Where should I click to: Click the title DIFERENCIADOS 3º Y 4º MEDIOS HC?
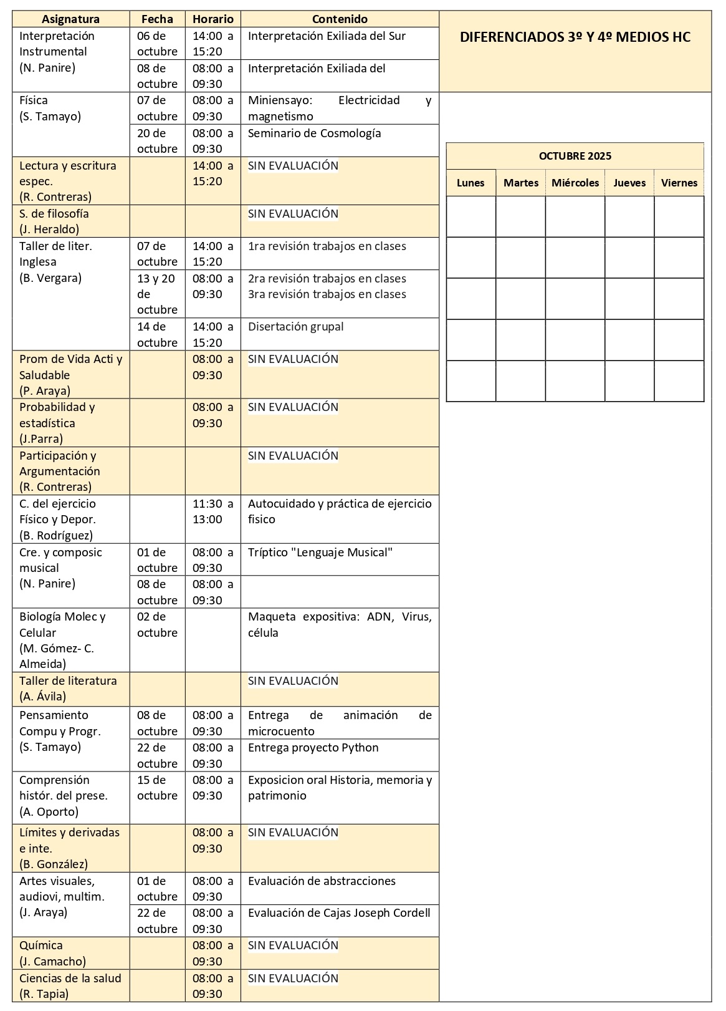click(x=575, y=37)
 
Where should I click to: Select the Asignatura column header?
click(x=70, y=19)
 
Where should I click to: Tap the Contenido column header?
click(x=340, y=19)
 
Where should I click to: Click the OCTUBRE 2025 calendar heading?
click(x=575, y=156)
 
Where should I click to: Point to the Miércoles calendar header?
click(x=575, y=183)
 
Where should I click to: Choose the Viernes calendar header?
click(x=679, y=183)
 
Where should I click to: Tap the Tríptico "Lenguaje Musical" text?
click(x=320, y=553)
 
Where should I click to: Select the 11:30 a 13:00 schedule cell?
click(x=213, y=511)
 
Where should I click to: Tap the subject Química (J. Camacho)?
click(x=52, y=953)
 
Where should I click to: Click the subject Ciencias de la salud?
click(x=70, y=979)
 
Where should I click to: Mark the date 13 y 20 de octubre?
click(x=156, y=294)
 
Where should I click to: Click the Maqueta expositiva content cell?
click(x=339, y=624)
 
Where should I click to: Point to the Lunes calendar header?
click(x=470, y=183)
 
